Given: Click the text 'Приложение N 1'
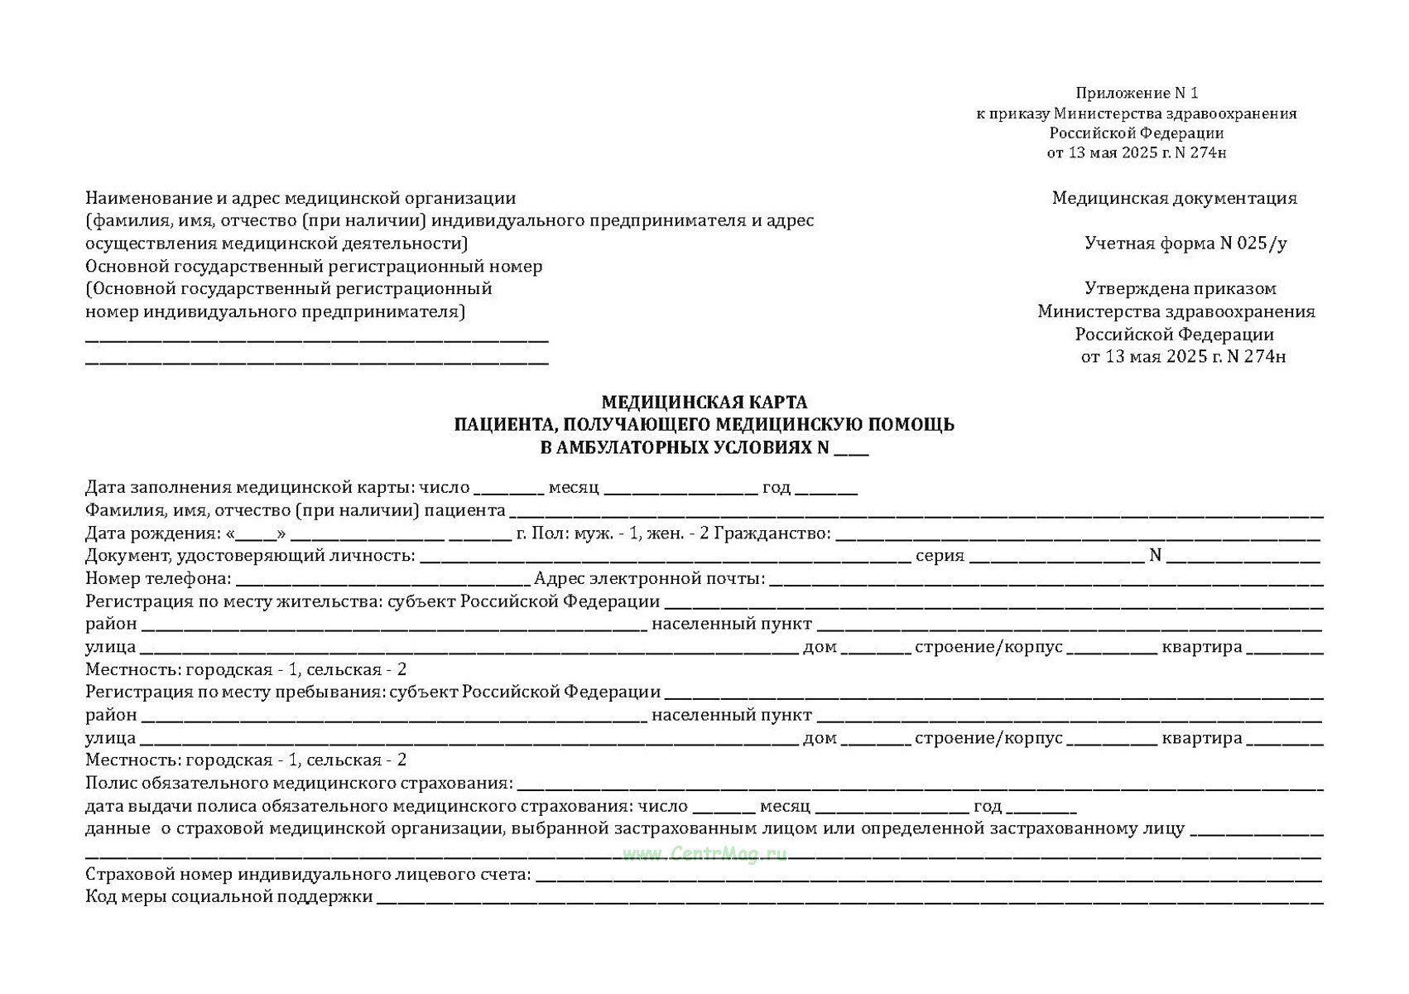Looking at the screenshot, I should click(1137, 93).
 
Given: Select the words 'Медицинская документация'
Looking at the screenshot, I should click(1174, 198).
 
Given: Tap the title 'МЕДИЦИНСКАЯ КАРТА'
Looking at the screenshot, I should click(704, 403).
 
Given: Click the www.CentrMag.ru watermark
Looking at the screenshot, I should click(704, 854).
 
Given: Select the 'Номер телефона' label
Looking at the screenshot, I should click(158, 578).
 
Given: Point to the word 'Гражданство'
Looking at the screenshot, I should click(772, 533).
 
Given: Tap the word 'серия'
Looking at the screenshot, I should click(940, 556).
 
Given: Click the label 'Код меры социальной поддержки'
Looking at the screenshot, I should click(229, 896).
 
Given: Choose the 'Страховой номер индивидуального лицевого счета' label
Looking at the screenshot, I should click(308, 874).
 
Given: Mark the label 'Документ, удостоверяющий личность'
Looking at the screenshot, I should click(250, 556).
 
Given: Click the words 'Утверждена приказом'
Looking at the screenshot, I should click(1180, 289).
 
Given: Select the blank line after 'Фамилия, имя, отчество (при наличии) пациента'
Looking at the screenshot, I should click(916, 514).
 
